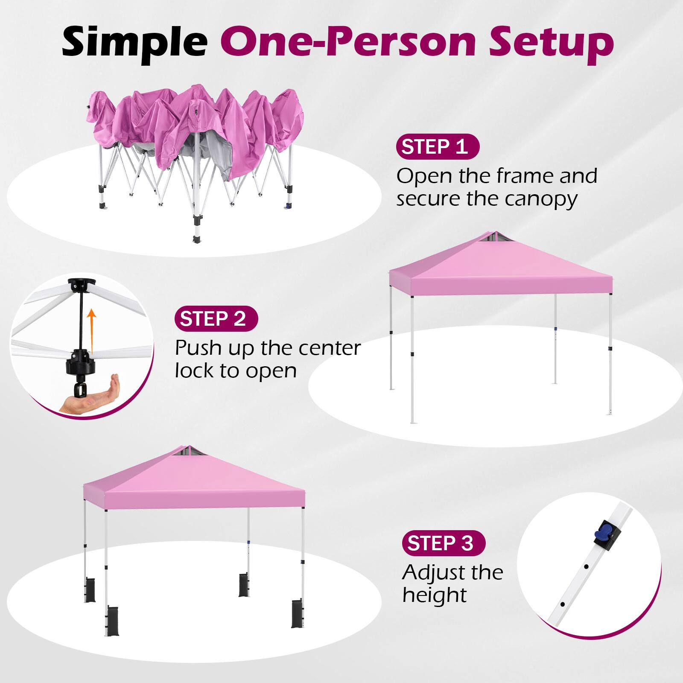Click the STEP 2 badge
[x=216, y=318]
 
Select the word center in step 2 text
[x=330, y=348]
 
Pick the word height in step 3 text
[x=435, y=595]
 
